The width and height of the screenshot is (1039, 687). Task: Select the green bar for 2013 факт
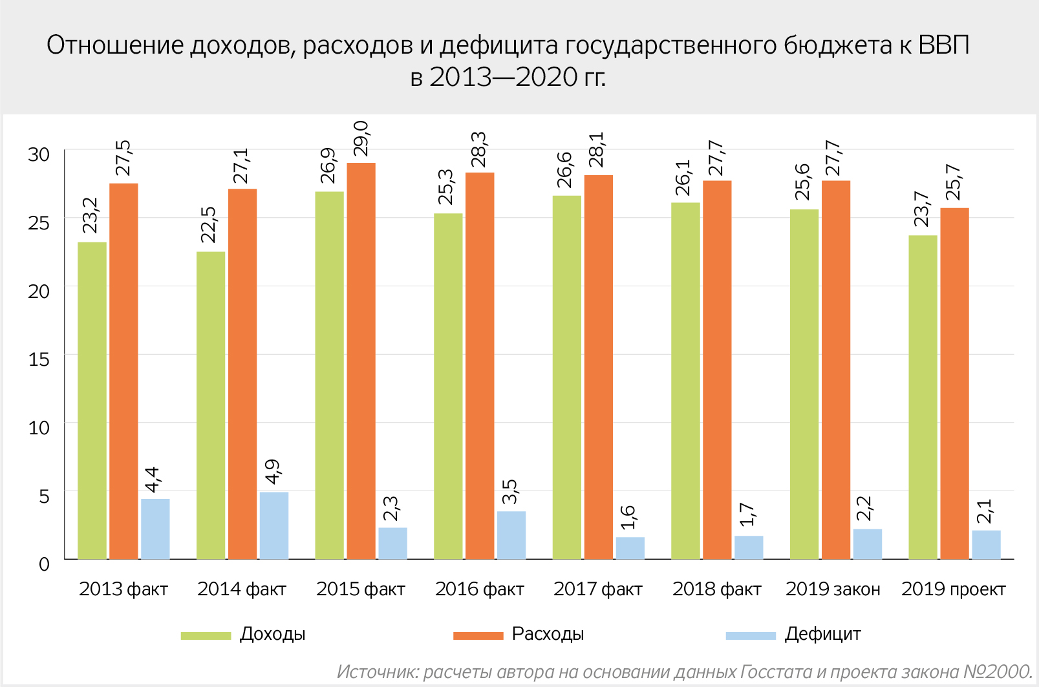92,401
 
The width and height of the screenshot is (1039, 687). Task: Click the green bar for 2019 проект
923,397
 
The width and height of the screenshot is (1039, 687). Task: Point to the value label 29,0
361,138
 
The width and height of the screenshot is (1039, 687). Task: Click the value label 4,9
273,472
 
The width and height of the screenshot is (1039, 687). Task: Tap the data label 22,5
208,224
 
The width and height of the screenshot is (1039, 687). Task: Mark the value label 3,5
511,491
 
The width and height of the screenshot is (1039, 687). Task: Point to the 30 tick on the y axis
39,154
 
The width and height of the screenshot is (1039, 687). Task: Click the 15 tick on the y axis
39,359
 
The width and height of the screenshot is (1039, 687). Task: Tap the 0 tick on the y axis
44,564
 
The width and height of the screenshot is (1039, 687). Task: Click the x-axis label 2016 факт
479,589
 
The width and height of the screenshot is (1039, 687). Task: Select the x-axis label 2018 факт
716,589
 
